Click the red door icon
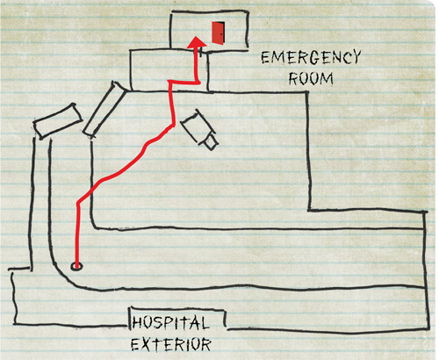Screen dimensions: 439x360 (219, 33)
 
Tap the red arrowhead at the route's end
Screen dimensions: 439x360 (197, 42)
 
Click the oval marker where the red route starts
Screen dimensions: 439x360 (76, 266)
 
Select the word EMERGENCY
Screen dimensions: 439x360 (311, 57)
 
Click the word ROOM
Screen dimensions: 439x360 (311, 78)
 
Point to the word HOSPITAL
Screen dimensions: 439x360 (170, 323)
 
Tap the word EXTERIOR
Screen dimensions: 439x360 (170, 344)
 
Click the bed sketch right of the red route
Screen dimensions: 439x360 (199, 129)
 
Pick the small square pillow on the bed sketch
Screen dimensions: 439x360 (211, 142)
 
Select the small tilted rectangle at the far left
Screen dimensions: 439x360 (57, 121)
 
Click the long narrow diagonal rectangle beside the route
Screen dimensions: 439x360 (104, 109)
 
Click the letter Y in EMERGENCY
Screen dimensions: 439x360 (356, 57)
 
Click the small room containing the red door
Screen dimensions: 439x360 (209, 30)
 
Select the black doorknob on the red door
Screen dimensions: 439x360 (221, 34)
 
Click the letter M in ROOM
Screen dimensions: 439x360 (327, 79)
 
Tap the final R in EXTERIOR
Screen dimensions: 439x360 (205, 344)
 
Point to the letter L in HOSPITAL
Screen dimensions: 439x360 (204, 323)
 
